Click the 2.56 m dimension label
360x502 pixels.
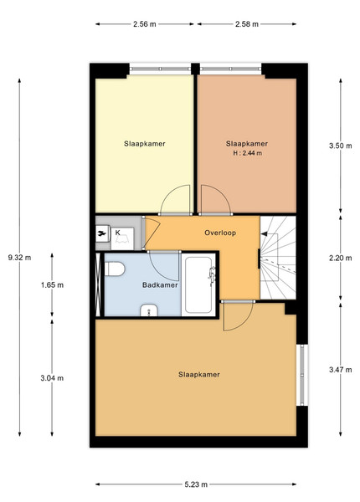coord(145,24)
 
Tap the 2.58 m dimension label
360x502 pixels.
coord(247,24)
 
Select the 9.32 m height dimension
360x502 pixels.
coord(19,258)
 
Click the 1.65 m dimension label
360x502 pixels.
coord(52,285)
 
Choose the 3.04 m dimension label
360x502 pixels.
coord(52,378)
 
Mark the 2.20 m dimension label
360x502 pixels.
coord(341,258)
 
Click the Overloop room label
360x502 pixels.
coord(220,233)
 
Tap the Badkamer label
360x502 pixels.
coord(160,285)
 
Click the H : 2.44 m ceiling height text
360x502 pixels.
coord(247,153)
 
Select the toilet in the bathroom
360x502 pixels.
coord(115,269)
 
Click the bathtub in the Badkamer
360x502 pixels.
coord(198,284)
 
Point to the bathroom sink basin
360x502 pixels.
coord(149,310)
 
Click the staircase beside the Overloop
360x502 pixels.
coord(278,258)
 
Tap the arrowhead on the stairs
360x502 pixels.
coord(264,234)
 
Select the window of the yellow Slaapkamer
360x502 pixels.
coord(160,69)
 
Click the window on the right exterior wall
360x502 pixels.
coord(301,375)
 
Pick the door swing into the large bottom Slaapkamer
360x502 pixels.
coord(239,316)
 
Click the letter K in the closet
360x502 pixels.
coord(117,233)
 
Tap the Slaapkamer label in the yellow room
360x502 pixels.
coord(145,144)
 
